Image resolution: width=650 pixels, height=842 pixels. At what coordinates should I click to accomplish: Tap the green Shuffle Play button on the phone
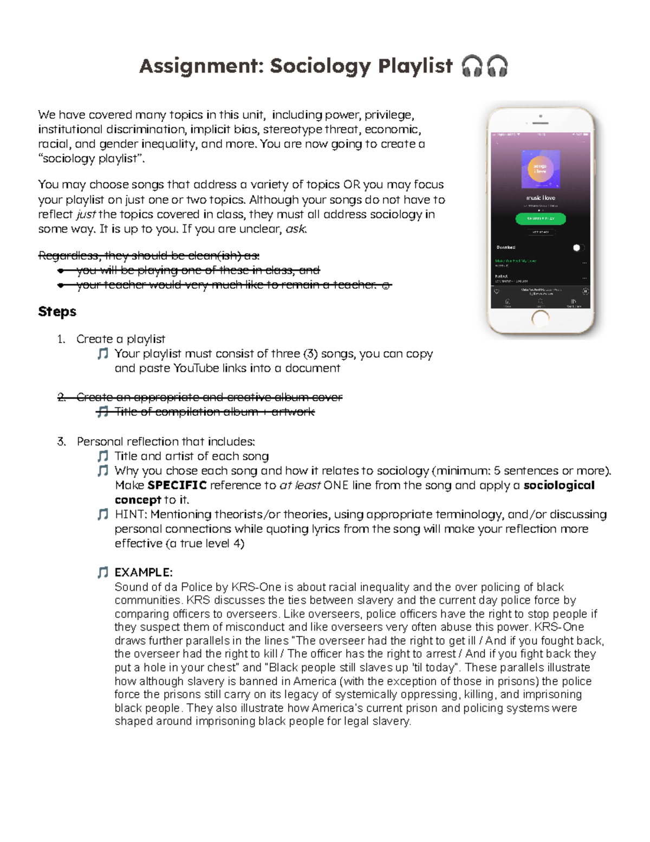click(540, 218)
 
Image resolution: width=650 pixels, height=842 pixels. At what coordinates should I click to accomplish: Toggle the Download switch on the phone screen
click(578, 248)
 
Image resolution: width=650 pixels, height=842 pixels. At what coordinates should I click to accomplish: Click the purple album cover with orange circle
click(541, 169)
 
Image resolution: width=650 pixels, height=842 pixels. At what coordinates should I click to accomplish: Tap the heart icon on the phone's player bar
click(497, 291)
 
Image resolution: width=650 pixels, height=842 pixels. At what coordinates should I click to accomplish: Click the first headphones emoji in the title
click(472, 67)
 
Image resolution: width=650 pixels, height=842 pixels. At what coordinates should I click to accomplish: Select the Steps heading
click(57, 312)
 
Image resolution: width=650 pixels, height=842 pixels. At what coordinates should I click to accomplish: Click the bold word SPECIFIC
click(177, 485)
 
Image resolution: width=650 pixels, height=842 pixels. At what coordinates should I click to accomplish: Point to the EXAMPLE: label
click(144, 573)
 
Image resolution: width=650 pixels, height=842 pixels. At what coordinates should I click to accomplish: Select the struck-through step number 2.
click(62, 397)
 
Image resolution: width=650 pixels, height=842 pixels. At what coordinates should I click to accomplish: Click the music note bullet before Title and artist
click(102, 456)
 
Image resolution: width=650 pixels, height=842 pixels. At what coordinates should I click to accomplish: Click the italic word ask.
click(295, 229)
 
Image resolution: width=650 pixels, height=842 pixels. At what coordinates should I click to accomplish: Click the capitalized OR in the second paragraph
click(352, 185)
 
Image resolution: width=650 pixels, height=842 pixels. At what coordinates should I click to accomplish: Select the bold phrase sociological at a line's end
click(559, 485)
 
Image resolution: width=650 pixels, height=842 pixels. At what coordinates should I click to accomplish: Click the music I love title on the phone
click(541, 198)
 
